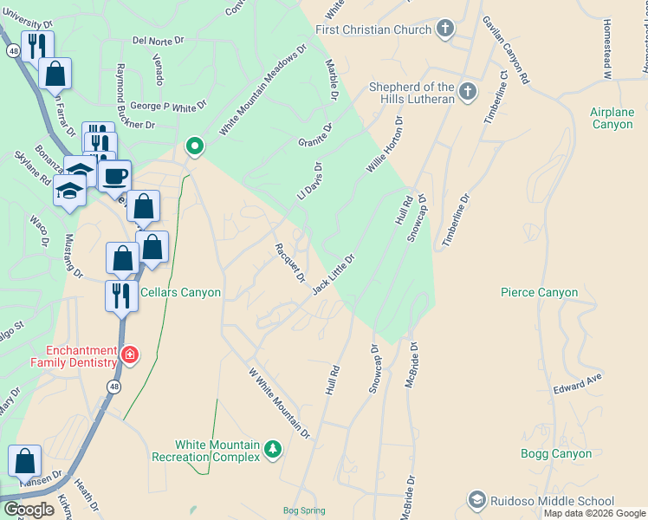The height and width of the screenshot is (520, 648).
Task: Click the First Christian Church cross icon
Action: point(445,29)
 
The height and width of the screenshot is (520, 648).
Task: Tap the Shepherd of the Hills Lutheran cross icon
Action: point(468,91)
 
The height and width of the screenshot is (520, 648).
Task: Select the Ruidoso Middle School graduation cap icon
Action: point(476,500)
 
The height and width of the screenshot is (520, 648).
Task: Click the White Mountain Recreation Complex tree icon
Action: point(274,448)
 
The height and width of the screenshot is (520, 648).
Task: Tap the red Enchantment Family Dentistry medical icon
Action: point(129,354)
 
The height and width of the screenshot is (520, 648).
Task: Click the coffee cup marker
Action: point(114,177)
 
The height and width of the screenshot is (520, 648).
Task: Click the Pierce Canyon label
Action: point(539,292)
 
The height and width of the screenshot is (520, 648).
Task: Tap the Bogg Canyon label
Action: point(556,453)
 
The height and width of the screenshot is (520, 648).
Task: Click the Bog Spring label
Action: point(304,511)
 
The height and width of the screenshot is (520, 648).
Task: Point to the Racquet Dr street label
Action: point(290,262)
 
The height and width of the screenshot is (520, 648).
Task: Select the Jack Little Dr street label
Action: point(334,274)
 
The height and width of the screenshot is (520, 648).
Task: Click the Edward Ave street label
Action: point(578,381)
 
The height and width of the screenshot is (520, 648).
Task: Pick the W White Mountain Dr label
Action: point(279,402)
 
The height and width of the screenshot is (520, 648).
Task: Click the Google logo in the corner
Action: point(29,510)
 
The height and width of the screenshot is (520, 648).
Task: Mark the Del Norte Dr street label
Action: point(159,40)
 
